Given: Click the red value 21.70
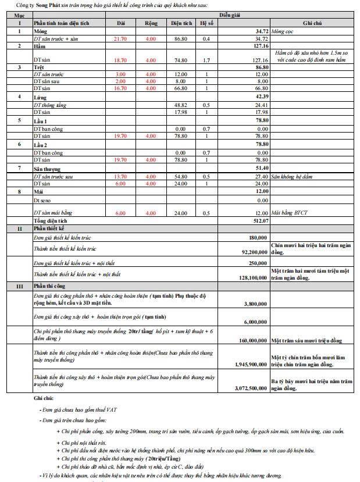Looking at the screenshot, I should (x=120, y=38).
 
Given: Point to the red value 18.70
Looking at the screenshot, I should (x=120, y=60).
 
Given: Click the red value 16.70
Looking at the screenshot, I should (x=120, y=88).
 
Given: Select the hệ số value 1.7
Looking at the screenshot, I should (x=206, y=60).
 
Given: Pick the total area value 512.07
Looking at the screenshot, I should (x=260, y=221).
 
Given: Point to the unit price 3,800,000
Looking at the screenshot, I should (x=255, y=304).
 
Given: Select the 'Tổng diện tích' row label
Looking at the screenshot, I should (x=52, y=221).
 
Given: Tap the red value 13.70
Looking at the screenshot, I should (x=120, y=176).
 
